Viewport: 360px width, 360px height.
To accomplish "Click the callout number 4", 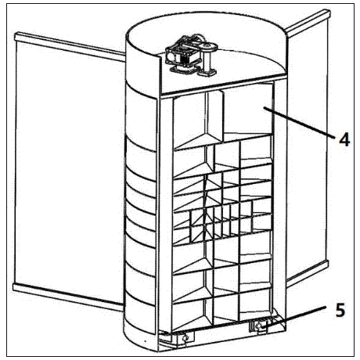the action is coord(344,139).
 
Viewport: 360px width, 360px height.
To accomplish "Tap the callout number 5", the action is coord(340,310).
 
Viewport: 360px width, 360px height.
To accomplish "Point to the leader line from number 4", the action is coord(299,121).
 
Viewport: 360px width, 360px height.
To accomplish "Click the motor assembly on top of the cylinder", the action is coord(191,56).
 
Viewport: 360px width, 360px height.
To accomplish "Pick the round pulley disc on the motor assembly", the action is coord(209,48).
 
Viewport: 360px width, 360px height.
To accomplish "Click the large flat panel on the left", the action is coord(69,167).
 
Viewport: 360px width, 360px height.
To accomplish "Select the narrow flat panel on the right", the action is coord(307,146).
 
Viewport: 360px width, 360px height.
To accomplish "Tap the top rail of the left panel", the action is coord(70,47).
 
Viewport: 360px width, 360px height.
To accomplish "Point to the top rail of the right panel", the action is coord(308,23).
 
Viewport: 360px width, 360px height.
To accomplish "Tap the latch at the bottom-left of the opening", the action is coord(185,339).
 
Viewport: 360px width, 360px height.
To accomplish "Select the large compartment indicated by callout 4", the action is coord(248,111).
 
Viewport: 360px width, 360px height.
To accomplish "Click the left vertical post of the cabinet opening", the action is coord(165,214).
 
